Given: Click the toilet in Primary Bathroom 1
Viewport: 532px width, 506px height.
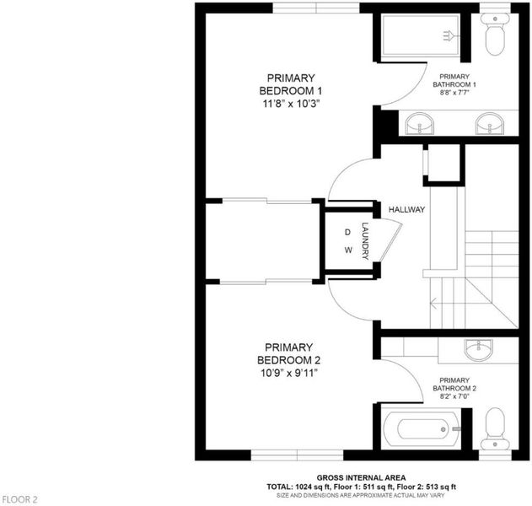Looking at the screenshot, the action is coord(495,34).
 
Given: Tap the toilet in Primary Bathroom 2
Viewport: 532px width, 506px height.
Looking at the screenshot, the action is coord(495,428).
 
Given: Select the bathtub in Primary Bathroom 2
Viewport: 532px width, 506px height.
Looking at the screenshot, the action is coord(421,430).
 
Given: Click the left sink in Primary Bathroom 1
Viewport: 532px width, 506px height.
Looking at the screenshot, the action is coord(420,123).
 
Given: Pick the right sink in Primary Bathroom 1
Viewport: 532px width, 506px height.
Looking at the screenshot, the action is coord(490,123).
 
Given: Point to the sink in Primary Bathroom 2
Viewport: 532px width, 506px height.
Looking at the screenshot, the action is coord(479,349).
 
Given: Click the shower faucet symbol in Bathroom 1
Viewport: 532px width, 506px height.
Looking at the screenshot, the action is coord(450,35).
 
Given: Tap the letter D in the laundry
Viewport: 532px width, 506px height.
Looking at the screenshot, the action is coord(347,233).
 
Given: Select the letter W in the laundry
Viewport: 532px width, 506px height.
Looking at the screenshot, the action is coord(348,250).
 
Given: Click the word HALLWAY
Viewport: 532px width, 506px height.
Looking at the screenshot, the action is coord(406,210).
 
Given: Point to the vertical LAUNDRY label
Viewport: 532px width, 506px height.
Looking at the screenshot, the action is coord(365,241).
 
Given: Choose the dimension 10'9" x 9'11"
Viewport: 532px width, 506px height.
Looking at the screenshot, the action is coord(289,374).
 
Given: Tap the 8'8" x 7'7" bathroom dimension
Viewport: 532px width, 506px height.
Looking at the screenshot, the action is coord(454,92).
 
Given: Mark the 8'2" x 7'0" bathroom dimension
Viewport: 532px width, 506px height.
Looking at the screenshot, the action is coord(454,396).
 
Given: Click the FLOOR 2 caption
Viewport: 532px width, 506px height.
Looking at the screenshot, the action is coord(20,499).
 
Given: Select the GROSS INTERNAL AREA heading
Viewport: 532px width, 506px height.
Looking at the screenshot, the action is coord(361,478).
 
